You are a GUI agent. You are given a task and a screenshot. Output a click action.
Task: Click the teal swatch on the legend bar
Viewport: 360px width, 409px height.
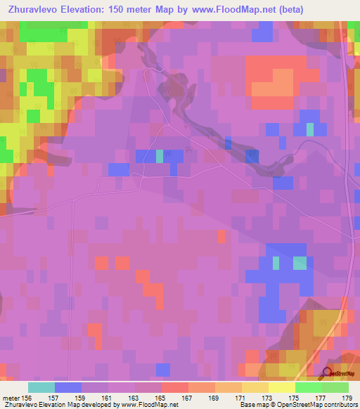pyautogui.click(x=41, y=387)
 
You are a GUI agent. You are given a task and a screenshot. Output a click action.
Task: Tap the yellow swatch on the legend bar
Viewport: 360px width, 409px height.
pyautogui.click(x=282, y=387)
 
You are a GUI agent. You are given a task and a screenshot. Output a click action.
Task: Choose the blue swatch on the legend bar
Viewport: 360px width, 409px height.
pyautogui.click(x=68, y=387)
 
